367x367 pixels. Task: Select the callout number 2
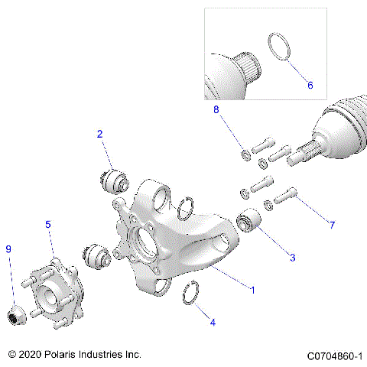tap(100, 134)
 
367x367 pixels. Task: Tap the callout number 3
tap(292, 258)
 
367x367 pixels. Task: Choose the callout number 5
tap(47, 224)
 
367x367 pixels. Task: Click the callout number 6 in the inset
tap(310, 85)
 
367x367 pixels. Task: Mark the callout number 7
tap(332, 225)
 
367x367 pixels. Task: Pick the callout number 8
tap(216, 110)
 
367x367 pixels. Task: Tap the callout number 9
tap(8, 249)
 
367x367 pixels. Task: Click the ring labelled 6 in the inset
tap(280, 47)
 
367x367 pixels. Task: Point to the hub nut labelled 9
tap(15, 314)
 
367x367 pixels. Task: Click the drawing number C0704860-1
tap(334, 356)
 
